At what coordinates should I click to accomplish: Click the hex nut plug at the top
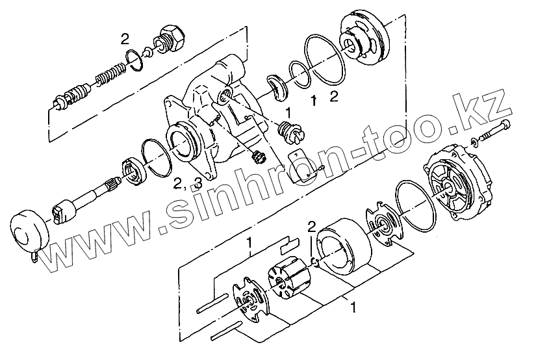click(x=169, y=39)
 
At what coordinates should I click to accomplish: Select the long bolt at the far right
click(x=494, y=131)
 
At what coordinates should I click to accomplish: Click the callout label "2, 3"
click(x=188, y=183)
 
